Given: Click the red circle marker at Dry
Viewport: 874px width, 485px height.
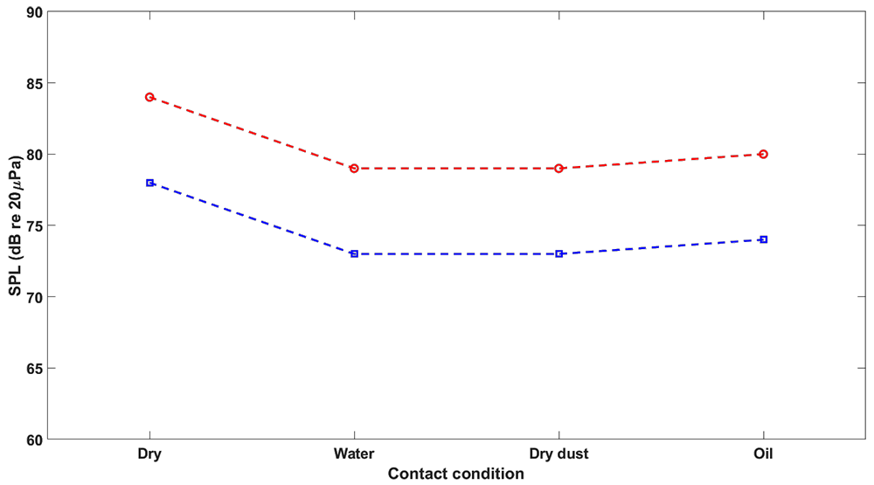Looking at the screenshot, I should point(150,97).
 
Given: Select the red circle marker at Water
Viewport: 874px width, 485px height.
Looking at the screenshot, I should point(354,168).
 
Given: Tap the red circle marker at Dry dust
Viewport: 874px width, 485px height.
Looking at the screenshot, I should point(559,168).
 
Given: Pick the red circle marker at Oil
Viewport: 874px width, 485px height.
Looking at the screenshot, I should point(763,154).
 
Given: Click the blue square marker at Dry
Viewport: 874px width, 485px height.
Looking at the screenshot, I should point(150,183).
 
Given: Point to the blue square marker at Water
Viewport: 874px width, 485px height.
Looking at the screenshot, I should point(354,253).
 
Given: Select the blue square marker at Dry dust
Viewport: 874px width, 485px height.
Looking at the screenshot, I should point(559,253).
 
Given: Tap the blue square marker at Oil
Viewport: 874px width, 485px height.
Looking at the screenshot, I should point(763,239).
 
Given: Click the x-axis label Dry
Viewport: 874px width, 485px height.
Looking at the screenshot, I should point(150,454).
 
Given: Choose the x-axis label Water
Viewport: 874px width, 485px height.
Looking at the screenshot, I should point(354,454).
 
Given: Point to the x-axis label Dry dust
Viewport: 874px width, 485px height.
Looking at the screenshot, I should point(559,454).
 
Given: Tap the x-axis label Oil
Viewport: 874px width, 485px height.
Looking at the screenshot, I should point(763,454).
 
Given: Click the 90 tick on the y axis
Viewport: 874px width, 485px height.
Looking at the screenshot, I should point(35,12).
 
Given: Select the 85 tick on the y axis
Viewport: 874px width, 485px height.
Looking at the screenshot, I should point(35,83).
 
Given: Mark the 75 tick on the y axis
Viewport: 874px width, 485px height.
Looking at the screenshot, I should point(35,225).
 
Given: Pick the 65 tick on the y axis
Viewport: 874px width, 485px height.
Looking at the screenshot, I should point(35,368).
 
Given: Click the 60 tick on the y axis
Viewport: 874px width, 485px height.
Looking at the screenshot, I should point(35,440).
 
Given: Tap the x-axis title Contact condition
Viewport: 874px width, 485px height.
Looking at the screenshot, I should point(455,474).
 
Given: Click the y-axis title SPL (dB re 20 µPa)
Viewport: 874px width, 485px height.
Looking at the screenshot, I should point(15,225).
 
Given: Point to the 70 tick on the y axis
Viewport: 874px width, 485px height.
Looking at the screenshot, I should point(35,297).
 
